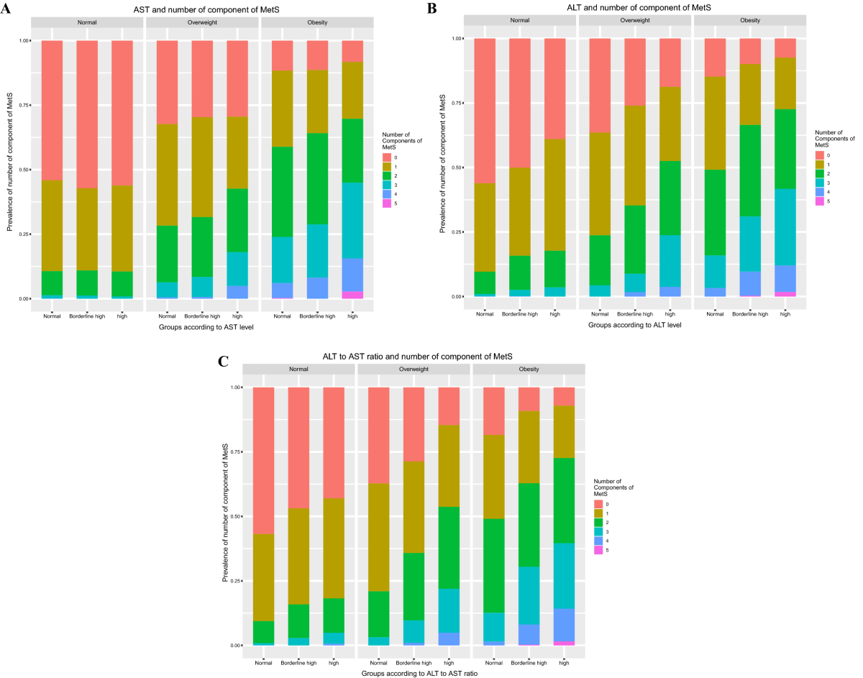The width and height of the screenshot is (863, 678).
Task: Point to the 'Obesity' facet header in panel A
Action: tap(316, 22)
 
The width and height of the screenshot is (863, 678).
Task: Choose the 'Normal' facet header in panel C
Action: tap(298, 369)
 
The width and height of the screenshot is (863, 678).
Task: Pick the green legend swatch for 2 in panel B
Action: tap(819, 173)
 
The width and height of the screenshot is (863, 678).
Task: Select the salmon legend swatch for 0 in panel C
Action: tap(598, 504)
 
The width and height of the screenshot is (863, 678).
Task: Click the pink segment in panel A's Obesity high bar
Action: tap(352, 295)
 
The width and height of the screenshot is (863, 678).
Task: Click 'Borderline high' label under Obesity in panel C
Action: tap(529, 662)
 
